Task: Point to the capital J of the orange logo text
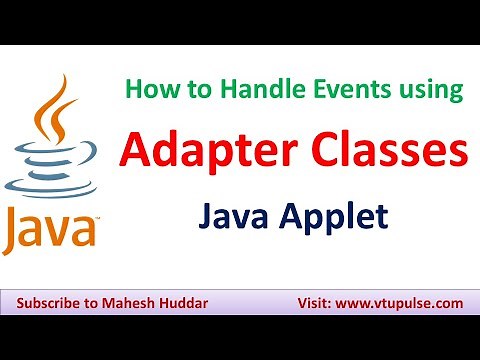14,228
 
